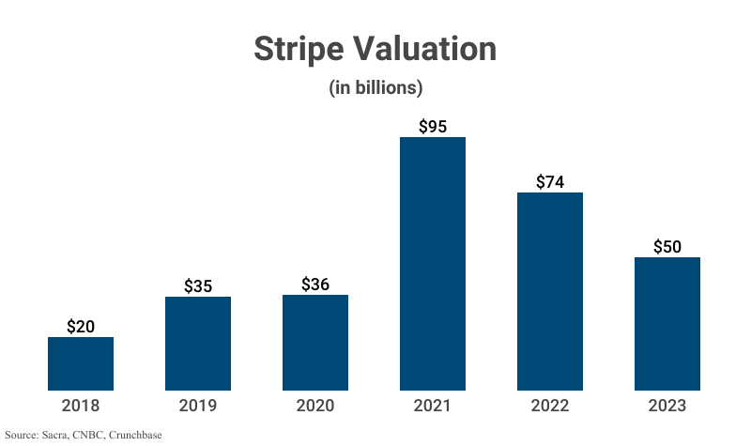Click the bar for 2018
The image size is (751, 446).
(81, 363)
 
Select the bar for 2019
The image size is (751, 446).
(198, 343)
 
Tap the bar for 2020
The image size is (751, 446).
(315, 342)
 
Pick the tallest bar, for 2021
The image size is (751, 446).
(433, 263)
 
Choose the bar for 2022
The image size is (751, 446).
(550, 291)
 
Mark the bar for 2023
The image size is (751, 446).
(667, 323)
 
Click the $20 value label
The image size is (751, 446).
(81, 327)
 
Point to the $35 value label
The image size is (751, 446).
(198, 286)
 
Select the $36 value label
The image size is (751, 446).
(315, 285)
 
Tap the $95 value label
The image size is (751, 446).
(433, 127)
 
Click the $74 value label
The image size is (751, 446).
(550, 182)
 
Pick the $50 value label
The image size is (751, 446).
(667, 247)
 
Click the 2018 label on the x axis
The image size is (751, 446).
(81, 407)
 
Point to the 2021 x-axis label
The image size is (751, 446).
(433, 407)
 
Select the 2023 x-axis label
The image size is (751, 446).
(667, 407)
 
